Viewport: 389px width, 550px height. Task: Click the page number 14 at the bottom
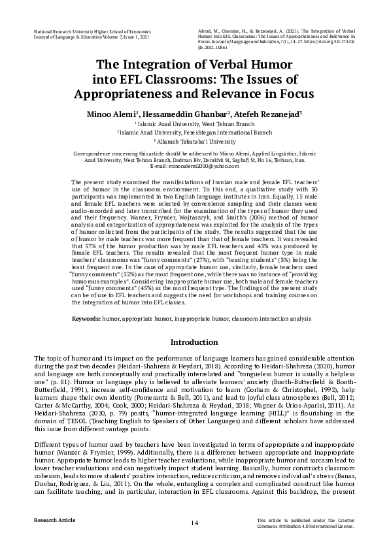(x=194, y=523)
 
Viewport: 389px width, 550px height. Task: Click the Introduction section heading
(x=194, y=342)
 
